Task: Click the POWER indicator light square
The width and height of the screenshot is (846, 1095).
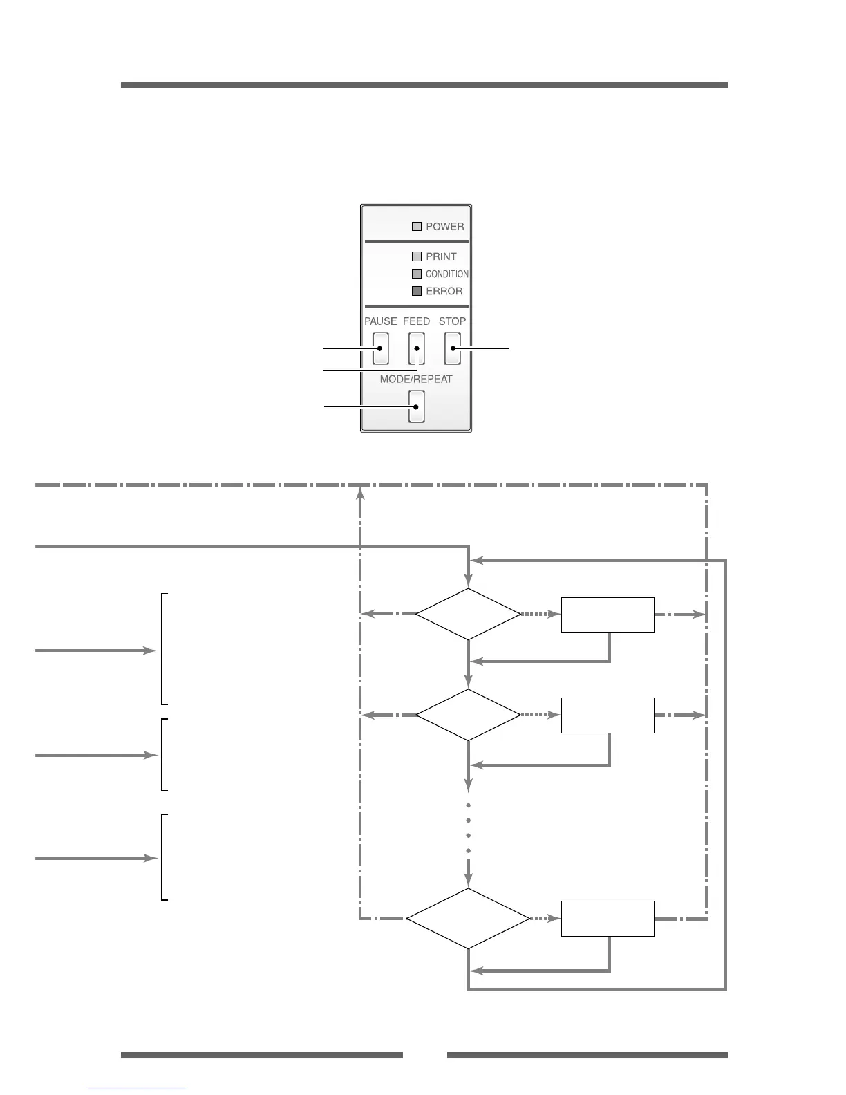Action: point(417,226)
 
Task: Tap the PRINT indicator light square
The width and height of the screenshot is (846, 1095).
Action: point(417,256)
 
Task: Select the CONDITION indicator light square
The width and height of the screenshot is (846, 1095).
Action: point(417,274)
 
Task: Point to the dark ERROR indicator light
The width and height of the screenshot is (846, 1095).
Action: point(417,291)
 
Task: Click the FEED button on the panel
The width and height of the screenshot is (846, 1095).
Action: point(416,348)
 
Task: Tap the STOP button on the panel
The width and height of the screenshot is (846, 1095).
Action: point(452,348)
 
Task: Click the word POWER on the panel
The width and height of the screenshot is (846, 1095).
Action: point(445,227)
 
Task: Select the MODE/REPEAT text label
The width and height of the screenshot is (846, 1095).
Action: point(416,380)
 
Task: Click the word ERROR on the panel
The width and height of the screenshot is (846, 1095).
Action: point(444,292)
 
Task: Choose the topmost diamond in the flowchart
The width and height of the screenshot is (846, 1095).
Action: point(468,614)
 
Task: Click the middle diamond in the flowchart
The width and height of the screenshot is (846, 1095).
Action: point(468,715)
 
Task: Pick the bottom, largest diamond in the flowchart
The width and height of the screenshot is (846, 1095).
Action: point(468,919)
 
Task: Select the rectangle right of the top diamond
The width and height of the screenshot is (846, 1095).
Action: point(608,615)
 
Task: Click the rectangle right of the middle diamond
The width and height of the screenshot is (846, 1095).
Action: point(608,715)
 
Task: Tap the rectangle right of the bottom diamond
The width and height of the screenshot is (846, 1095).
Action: point(608,919)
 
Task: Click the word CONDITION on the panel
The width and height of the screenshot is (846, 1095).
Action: point(447,274)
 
